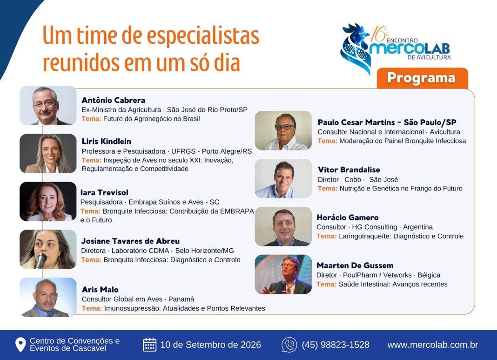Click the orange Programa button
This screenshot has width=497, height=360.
click(x=422, y=78)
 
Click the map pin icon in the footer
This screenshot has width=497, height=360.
click(x=20, y=345)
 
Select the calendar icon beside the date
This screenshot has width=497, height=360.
click(x=149, y=345)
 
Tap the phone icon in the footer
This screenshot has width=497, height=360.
click(x=289, y=345)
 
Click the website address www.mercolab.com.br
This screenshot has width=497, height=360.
click(x=433, y=345)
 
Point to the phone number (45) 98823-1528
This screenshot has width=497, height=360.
click(x=336, y=345)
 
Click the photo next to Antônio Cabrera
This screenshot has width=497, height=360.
click(x=48, y=105)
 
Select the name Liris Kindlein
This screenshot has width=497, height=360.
click(x=106, y=141)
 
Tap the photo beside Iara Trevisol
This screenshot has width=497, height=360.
click(x=48, y=201)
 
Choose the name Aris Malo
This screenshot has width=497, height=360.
click(x=100, y=289)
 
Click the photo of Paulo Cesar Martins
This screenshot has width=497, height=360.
click(x=283, y=130)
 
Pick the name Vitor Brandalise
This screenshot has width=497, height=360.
click(x=349, y=170)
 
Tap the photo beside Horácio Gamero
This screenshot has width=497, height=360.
click(x=283, y=226)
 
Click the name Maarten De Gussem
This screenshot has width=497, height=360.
click(x=355, y=265)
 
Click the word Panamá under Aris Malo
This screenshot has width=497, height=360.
click(x=181, y=299)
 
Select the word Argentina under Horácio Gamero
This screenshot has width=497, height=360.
click(x=418, y=227)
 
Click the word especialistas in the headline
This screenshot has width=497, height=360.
click(x=203, y=36)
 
